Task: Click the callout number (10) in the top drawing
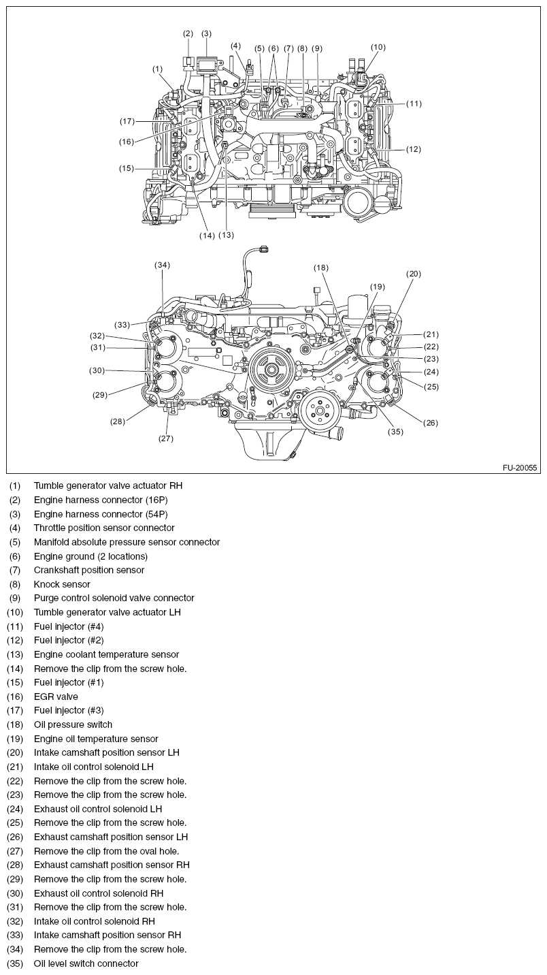(x=378, y=47)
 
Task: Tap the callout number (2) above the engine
(x=188, y=33)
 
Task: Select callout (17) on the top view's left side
(x=127, y=121)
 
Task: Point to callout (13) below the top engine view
(x=226, y=235)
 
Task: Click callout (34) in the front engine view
(x=162, y=265)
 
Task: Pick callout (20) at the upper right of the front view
(x=414, y=274)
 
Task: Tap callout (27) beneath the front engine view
(x=167, y=438)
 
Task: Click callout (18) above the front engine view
(x=321, y=268)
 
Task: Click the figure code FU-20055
(x=520, y=468)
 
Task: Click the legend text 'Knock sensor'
(x=62, y=584)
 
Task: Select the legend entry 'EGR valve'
(x=56, y=697)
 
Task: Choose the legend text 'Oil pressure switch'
(x=73, y=724)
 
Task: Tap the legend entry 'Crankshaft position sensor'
(x=89, y=570)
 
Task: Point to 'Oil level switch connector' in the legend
(x=86, y=963)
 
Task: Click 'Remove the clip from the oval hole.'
(x=106, y=851)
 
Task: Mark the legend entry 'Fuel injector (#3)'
(x=69, y=710)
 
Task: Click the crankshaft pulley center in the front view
(x=271, y=370)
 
